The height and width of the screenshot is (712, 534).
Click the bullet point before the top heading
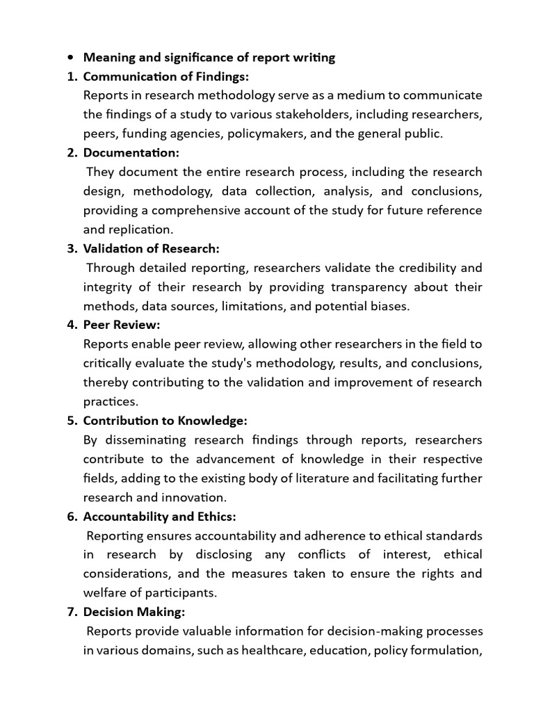[x=70, y=58]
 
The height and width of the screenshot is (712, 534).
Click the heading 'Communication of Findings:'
[x=166, y=76]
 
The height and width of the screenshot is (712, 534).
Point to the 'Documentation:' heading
[x=131, y=152]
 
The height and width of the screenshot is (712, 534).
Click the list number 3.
[x=71, y=248]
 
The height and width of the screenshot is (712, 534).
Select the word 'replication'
[x=138, y=229]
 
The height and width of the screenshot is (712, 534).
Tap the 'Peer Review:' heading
[x=122, y=325]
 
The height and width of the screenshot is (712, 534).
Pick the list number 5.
[x=71, y=421]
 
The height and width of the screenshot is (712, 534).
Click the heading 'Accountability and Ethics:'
[x=160, y=517]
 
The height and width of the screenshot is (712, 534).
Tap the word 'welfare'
[x=106, y=593]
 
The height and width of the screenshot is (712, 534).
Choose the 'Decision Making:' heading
[x=133, y=613]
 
